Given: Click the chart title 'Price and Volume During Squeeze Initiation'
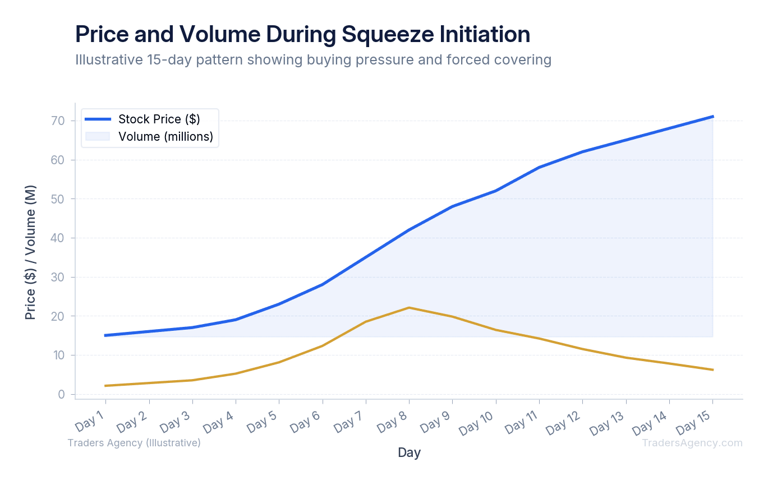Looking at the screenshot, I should (302, 35).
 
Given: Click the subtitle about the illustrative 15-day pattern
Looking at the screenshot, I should (313, 59).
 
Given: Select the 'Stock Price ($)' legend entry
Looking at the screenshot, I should (159, 119).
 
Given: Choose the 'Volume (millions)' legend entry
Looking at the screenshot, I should (165, 136).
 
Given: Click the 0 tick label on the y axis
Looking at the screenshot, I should (62, 395).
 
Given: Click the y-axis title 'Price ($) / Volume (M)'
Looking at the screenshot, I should (31, 252).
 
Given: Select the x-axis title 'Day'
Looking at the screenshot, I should (409, 452).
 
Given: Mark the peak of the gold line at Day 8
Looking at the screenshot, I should (409, 307).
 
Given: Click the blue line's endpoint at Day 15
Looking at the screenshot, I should (712, 117).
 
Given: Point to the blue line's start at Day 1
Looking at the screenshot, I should (105, 335).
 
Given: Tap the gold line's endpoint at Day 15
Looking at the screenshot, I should (712, 369).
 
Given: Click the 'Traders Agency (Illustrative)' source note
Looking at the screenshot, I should (134, 443).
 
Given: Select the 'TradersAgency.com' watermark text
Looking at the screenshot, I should (692, 443).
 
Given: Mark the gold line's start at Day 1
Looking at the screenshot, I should (105, 386).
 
